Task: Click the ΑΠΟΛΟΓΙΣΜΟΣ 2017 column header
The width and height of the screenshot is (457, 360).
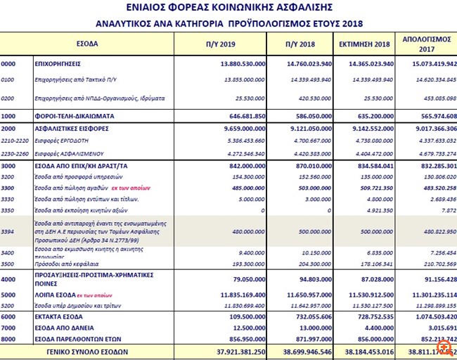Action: tap(426, 44)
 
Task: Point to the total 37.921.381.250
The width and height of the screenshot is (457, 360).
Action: tap(236, 351)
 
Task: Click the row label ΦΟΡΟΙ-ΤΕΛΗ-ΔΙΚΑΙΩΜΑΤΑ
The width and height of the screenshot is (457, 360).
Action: tap(75, 115)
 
